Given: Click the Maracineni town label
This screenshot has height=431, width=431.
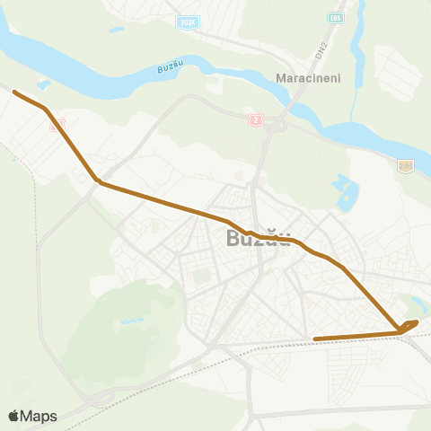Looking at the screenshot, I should (305, 78).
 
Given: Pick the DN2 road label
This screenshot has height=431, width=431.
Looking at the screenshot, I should (320, 51).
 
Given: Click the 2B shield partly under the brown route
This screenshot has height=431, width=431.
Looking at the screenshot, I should (57, 127).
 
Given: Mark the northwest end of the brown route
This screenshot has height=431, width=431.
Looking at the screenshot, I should (15, 92).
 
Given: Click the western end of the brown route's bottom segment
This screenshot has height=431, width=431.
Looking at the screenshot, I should (315, 339).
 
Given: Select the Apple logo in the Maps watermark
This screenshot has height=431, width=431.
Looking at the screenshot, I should (14, 416).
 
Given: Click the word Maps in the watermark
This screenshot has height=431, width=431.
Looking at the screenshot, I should (40, 416).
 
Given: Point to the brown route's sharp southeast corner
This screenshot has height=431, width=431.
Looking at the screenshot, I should (399, 332).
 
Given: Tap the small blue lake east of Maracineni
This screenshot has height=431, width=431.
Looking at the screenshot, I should (345, 189).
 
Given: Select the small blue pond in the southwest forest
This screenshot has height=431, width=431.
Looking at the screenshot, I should (132, 321).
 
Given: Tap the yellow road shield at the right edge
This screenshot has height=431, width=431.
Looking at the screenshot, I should (406, 165).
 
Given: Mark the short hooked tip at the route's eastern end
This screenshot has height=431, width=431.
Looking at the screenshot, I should (413, 322).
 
